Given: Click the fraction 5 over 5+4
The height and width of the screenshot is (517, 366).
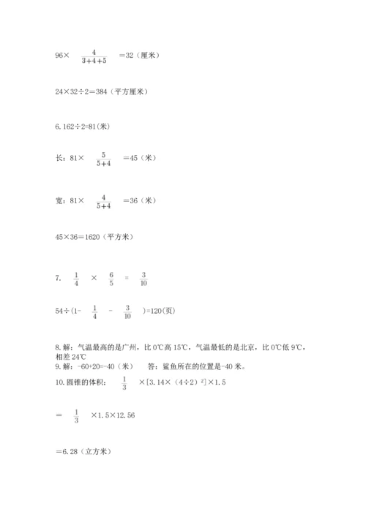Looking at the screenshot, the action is (x=103, y=158).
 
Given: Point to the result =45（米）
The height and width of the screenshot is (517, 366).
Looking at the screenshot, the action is (x=139, y=158).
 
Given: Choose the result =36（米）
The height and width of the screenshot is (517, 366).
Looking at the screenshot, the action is (x=139, y=200).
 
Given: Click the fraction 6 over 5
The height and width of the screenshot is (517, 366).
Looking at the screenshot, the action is (x=112, y=279).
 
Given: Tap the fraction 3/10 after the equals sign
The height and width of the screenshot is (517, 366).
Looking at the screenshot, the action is (x=143, y=279).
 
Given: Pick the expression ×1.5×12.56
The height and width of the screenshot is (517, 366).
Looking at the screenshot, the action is (x=113, y=415).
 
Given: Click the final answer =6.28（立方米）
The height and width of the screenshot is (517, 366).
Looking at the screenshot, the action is (x=82, y=451).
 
